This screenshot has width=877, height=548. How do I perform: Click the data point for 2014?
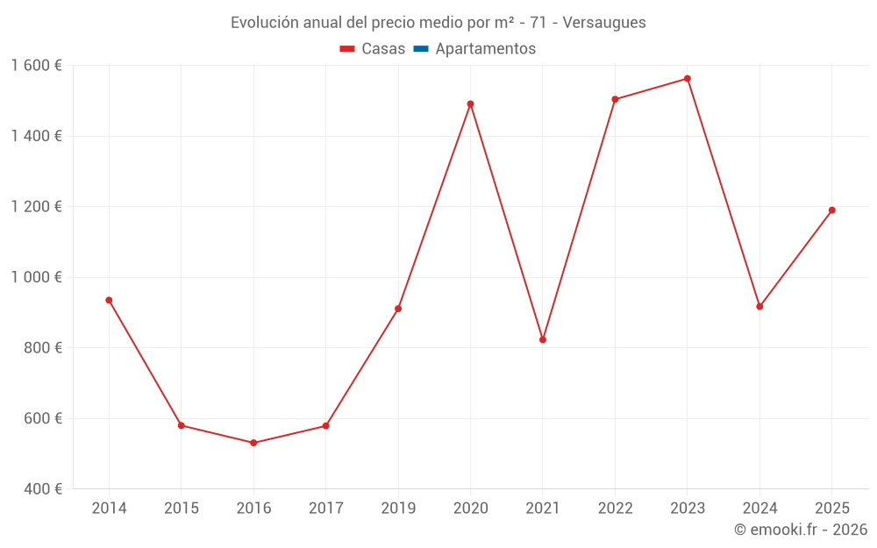(109, 300)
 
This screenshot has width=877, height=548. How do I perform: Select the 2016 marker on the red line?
(253, 443)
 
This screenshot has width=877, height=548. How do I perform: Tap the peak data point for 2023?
(688, 79)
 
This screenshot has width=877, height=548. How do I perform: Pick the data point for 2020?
(470, 104)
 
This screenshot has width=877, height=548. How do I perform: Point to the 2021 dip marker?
(543, 339)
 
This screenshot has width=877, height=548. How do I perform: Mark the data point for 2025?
(831, 210)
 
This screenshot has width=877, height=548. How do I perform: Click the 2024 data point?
(759, 307)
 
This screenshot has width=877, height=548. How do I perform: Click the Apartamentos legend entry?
(485, 49)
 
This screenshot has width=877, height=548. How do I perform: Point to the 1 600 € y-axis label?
(37, 66)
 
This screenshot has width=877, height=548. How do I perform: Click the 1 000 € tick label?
(37, 277)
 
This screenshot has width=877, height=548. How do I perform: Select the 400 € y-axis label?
(43, 488)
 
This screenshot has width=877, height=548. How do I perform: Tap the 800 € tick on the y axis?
(43, 348)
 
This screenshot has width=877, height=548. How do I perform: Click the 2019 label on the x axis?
(398, 509)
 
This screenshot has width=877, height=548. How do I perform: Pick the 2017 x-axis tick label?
(325, 509)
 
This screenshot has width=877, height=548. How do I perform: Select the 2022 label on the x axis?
(615, 509)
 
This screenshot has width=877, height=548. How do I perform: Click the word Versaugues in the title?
(604, 23)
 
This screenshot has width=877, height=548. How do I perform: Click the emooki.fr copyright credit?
(801, 530)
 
